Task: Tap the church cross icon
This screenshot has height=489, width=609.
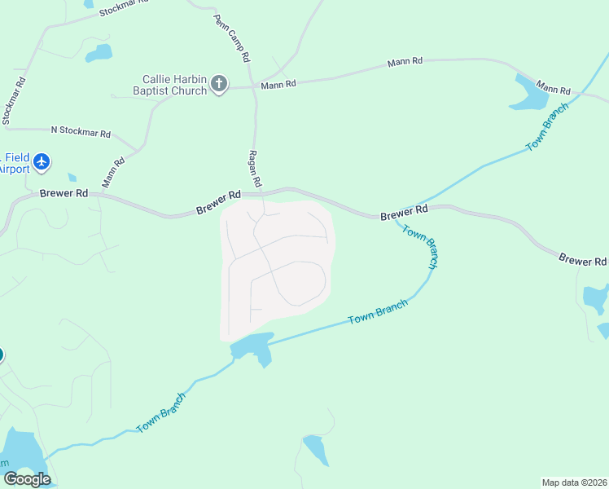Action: pos(218,84)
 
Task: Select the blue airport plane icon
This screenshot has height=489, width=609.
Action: pos(42,162)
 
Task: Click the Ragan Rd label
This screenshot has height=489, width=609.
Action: pos(253,168)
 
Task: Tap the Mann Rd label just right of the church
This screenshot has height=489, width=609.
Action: pos(278,85)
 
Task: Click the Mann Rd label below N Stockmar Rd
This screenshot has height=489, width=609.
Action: pos(113,173)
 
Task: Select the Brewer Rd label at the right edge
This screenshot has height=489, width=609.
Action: pos(583,261)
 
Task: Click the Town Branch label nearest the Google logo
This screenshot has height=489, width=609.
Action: pos(161,412)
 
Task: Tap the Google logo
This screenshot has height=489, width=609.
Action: pos(27,478)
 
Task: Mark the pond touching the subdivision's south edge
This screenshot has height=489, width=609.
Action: pos(253,348)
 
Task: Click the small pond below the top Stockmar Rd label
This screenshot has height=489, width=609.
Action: pos(99,53)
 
